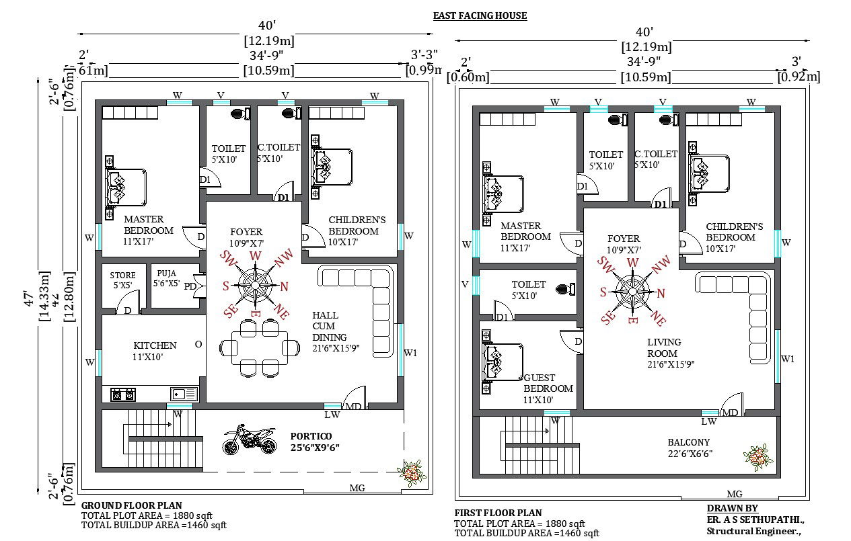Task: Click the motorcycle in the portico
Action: pos(249,439)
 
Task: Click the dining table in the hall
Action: pos(260,347)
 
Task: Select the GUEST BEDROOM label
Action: pos(548,388)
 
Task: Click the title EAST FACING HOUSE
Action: pos(479,15)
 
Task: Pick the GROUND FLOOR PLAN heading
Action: pos(131,505)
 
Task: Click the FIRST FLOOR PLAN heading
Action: pos(498,513)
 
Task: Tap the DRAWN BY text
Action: pos(732,508)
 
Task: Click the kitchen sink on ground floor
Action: pos(184,394)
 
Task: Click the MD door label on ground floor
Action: pos(353,407)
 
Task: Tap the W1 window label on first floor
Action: pos(788,359)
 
